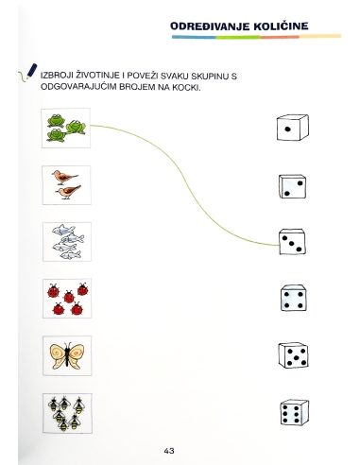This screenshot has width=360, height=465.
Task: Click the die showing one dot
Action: coord(293,128)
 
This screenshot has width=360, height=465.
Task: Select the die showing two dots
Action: coord(292,186)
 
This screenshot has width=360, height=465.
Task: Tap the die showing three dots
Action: coord(292,242)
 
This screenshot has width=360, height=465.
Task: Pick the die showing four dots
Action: coord(293,299)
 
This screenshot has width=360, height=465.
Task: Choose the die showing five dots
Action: coord(293,355)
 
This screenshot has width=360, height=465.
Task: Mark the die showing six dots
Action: coord(295,412)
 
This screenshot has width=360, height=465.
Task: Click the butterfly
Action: coord(67,355)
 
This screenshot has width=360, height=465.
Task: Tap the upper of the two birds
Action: coord(64,178)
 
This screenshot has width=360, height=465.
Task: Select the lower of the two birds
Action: coord(68,192)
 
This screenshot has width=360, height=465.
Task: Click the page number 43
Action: coord(169,451)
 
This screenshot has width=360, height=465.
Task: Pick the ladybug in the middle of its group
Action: coord(69,297)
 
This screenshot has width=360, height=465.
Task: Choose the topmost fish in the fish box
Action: coord(63,230)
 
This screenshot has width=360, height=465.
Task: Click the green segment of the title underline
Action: coord(238,37)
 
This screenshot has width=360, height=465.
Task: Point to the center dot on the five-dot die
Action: coord(296,357)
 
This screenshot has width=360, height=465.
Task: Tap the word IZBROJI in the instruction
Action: coord(57,76)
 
